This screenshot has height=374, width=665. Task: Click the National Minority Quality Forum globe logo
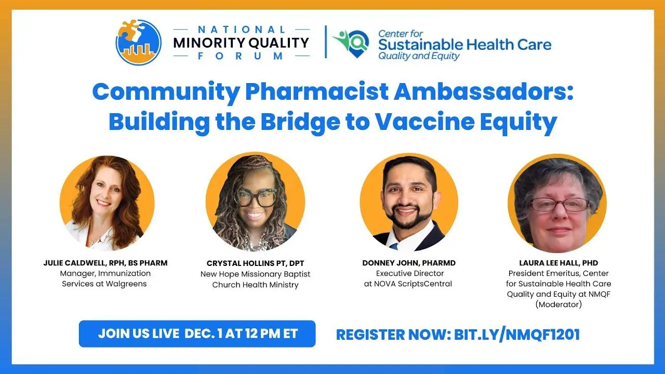[138, 42]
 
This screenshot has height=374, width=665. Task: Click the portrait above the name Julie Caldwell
[107, 203]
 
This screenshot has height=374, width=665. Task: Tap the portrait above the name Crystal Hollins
[255, 202]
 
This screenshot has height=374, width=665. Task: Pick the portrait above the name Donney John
[409, 203]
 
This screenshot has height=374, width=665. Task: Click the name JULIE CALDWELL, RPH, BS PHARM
[105, 263]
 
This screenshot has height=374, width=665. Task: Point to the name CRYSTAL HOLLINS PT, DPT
[255, 263]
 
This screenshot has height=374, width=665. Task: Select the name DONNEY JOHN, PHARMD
[409, 263]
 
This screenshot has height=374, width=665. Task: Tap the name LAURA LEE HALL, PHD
[558, 263]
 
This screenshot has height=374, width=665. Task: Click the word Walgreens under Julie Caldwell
[126, 284]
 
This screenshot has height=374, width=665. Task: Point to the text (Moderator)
[558, 304]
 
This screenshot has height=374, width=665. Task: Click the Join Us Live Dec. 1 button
[197, 333]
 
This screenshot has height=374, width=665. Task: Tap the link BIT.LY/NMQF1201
[517, 335]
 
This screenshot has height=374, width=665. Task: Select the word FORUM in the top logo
[241, 56]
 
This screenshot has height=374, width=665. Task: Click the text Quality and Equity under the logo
[419, 56]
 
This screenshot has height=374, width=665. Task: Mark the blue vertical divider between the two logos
[326, 42]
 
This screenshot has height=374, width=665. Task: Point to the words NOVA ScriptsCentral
[413, 284]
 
